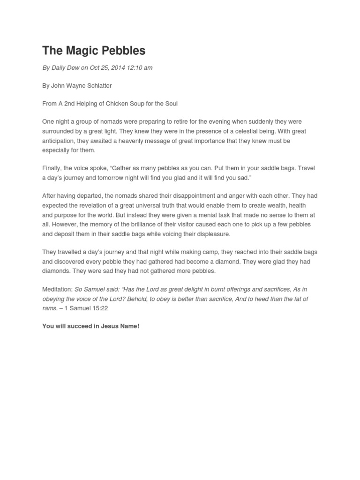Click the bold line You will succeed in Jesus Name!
click(x=90, y=326)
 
